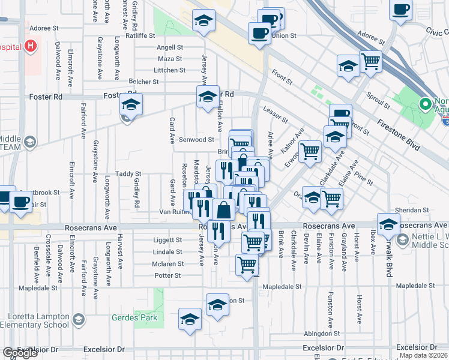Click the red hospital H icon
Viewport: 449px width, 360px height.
(x=29, y=47)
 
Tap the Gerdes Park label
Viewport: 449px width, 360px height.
(x=135, y=317)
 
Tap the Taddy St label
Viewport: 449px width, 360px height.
(x=128, y=173)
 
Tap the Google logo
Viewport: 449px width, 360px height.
(x=20, y=353)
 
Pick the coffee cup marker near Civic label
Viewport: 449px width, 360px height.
(x=400, y=10)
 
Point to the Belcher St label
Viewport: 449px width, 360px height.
(x=143, y=82)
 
